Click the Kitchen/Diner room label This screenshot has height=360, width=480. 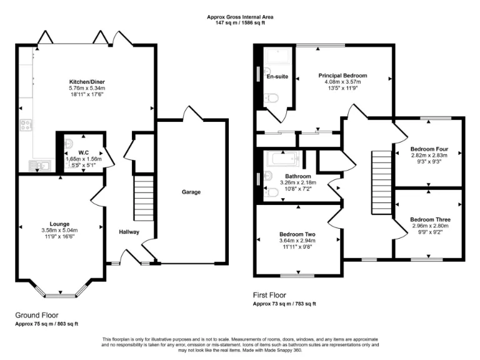(86, 82)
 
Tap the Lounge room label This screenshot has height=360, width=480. (60, 224)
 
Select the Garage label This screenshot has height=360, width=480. (191, 192)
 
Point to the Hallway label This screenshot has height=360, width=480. (129, 232)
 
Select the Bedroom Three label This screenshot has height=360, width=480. (430, 219)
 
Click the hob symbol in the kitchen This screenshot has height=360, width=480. (26, 125)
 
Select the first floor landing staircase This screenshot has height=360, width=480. (380, 182)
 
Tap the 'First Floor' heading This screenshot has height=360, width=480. (269, 294)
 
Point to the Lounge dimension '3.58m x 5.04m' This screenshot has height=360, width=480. (60, 230)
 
